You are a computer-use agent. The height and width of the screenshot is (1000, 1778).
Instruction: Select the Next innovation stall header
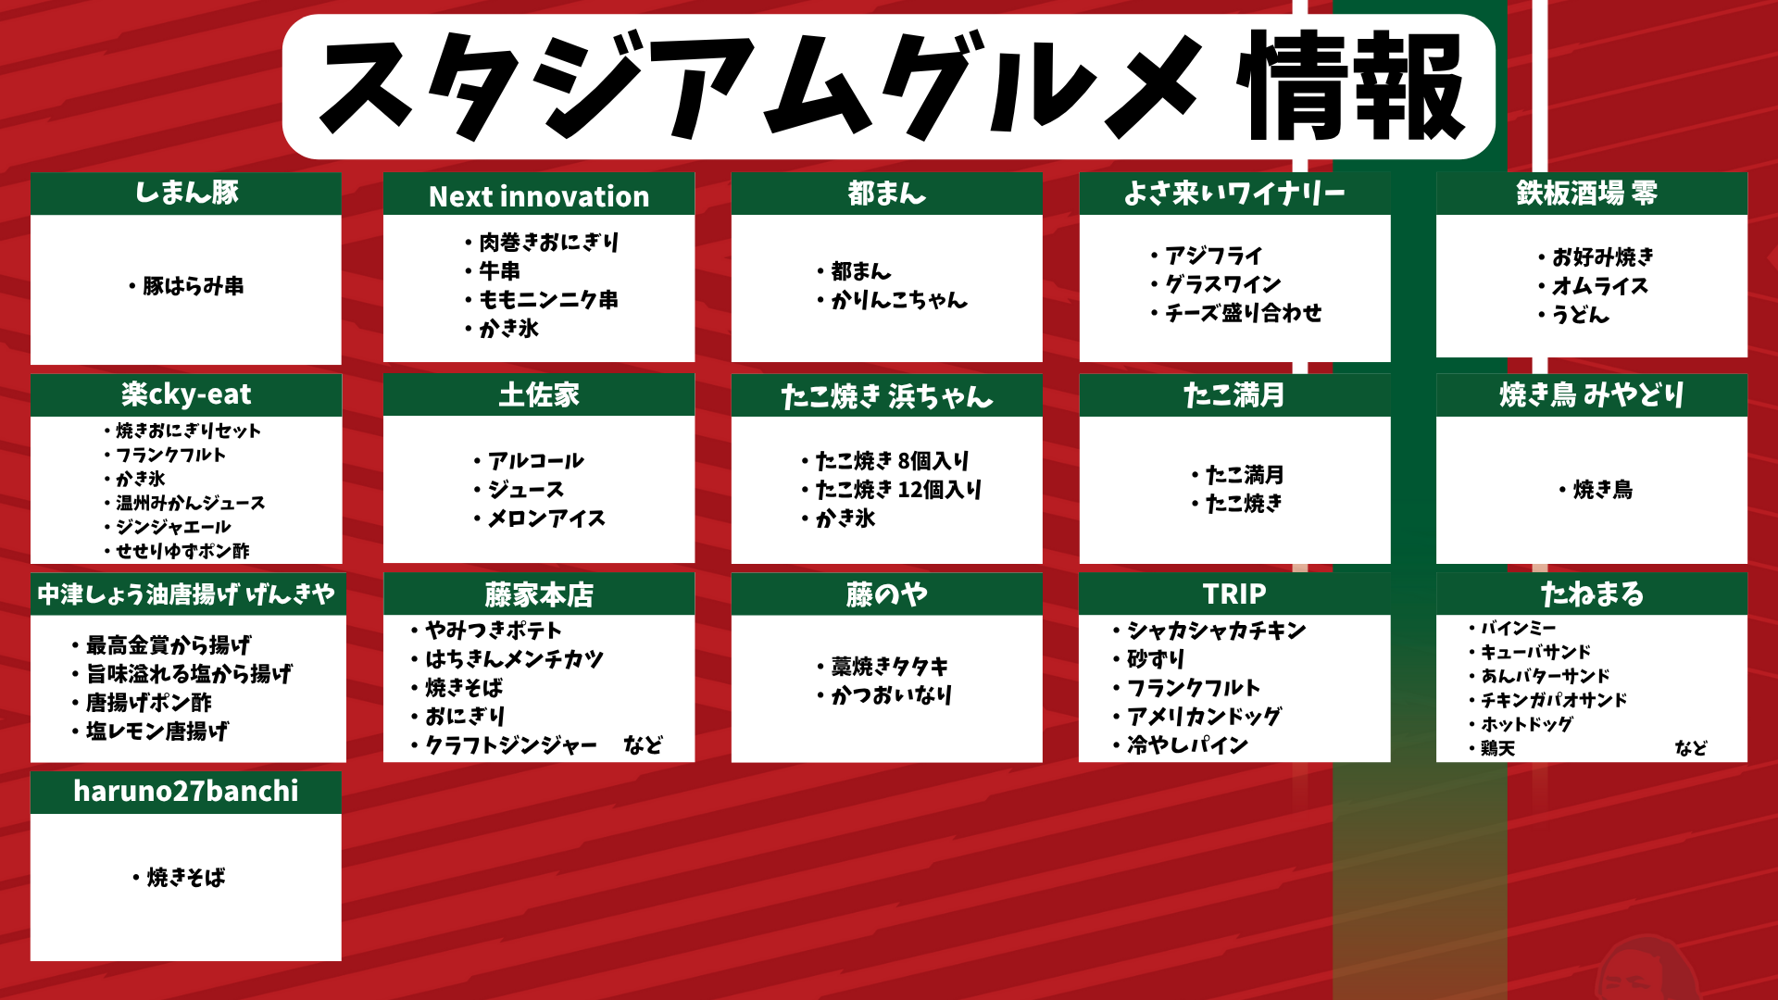(x=539, y=196)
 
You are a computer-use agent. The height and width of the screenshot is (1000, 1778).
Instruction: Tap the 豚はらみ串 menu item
(x=194, y=286)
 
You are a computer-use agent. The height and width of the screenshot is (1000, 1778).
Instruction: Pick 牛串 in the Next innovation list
(x=499, y=271)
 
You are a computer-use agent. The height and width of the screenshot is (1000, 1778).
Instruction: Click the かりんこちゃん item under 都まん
(x=898, y=300)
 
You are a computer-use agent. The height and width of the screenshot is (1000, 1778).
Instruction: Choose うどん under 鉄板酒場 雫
(x=1581, y=315)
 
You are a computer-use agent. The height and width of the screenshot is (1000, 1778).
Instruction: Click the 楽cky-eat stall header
(x=186, y=394)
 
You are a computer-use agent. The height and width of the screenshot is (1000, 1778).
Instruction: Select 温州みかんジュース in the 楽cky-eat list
(x=190, y=503)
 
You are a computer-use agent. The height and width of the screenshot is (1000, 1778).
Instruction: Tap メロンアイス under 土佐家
(x=546, y=519)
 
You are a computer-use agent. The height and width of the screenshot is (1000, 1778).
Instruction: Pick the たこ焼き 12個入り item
(x=897, y=490)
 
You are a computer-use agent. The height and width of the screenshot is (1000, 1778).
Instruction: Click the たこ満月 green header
(x=1234, y=395)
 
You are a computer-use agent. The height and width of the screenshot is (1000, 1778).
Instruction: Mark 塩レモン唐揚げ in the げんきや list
(x=157, y=731)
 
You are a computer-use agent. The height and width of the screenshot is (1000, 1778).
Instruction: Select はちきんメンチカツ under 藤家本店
(x=514, y=659)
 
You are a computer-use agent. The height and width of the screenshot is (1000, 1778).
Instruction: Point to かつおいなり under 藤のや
(x=891, y=695)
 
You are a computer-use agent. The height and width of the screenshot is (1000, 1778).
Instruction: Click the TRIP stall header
(x=1234, y=594)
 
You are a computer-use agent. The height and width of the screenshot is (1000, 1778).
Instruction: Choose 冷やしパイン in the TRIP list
(x=1187, y=745)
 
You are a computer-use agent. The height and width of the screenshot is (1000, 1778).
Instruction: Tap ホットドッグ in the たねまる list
(x=1527, y=724)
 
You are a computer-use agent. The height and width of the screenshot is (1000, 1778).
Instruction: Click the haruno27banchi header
(x=186, y=792)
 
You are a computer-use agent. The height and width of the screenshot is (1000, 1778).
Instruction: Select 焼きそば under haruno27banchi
(x=186, y=878)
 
